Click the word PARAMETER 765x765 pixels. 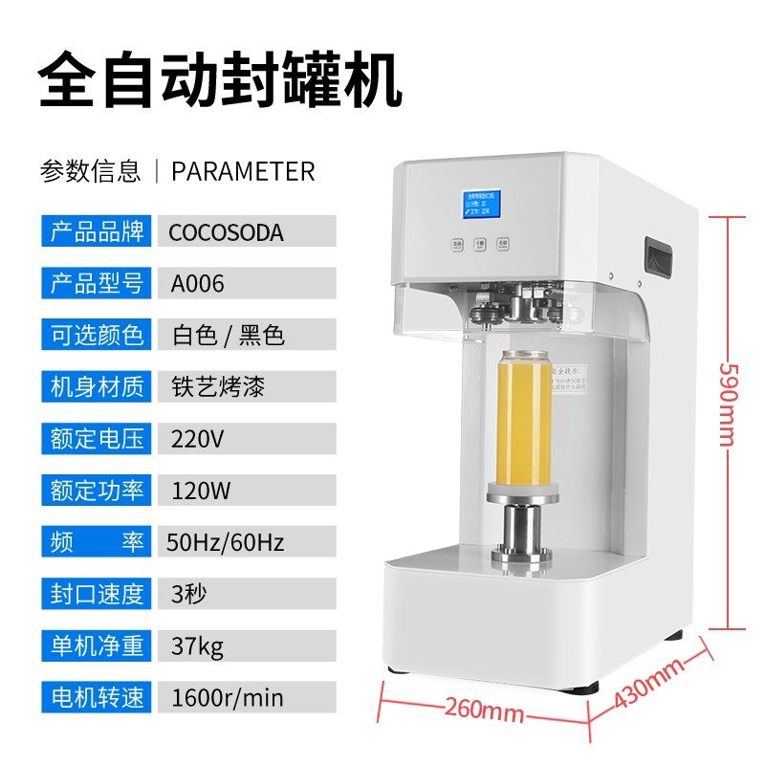[x=243, y=171]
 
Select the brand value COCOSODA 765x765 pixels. [x=226, y=232]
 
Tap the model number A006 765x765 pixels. [x=198, y=284]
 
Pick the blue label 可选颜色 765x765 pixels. [x=96, y=336]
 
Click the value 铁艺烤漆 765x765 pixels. [x=218, y=387]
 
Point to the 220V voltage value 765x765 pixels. [x=197, y=439]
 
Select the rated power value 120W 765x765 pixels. [x=201, y=491]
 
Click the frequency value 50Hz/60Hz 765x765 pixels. [x=226, y=542]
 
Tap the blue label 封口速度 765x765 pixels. [x=96, y=594]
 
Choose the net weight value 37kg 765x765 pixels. [x=197, y=645]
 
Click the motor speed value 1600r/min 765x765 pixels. [x=227, y=697]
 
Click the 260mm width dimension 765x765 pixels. [x=484, y=710]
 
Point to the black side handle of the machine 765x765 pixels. [x=658, y=257]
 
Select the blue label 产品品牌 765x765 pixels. [x=96, y=232]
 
